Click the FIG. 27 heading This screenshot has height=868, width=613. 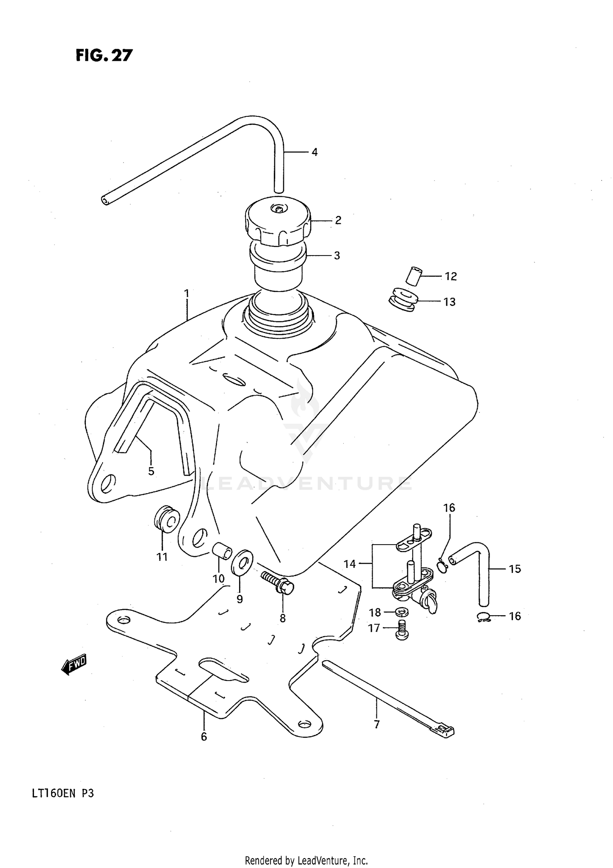pyautogui.click(x=104, y=55)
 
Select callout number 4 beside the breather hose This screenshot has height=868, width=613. pyautogui.click(x=314, y=152)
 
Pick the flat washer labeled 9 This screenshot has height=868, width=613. pyautogui.click(x=242, y=563)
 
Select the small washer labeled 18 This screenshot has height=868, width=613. pyautogui.click(x=402, y=612)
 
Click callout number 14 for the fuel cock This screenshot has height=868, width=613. pyautogui.click(x=350, y=564)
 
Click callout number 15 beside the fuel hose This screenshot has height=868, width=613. pyautogui.click(x=515, y=569)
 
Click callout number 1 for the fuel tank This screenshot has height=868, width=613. pyautogui.click(x=186, y=294)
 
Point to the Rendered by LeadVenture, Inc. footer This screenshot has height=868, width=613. pyautogui.click(x=306, y=861)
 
